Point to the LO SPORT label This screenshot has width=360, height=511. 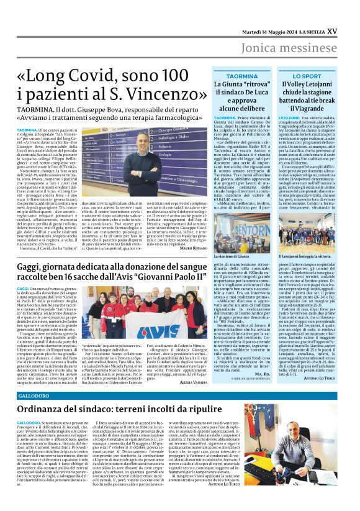click(308, 77)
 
